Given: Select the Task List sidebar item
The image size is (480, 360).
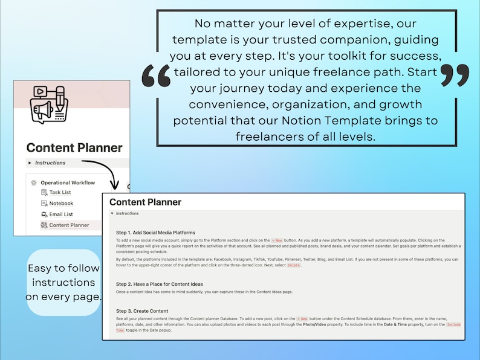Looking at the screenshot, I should tap(59, 192).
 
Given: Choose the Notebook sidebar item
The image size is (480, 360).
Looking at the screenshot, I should tap(60, 203).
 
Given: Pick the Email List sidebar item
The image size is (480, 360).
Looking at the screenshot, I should tap(60, 214).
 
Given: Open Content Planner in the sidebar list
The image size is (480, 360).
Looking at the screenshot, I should tap(68, 225).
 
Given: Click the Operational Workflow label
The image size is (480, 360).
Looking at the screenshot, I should tap(67, 182).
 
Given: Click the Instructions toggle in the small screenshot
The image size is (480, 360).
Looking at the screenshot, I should tap(50, 162).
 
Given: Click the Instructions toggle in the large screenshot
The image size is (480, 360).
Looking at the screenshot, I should tap(127, 213).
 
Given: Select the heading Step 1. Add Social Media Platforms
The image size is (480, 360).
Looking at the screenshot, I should tap(155, 233).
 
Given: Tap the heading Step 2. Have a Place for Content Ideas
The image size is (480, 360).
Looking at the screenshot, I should tap(159, 284).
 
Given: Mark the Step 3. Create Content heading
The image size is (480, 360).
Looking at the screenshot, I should tap(143, 311).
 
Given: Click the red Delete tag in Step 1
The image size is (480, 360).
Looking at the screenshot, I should tap(293, 266).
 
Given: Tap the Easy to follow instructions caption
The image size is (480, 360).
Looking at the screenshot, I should tap(63, 282).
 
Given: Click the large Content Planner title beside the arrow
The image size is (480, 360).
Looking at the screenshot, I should tap(74, 148).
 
